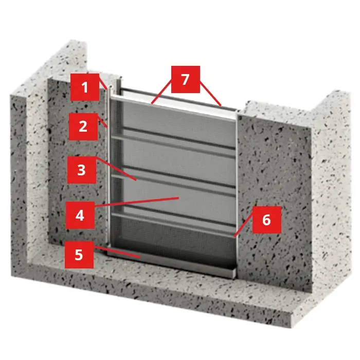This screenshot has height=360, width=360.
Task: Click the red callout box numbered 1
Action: click(x=85, y=87)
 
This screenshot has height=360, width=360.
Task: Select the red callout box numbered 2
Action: click(x=83, y=127)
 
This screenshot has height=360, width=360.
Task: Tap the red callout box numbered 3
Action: click(x=82, y=170)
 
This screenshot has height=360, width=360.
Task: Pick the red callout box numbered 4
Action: click(x=80, y=215)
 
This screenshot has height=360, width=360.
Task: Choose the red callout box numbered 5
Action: click(x=79, y=255)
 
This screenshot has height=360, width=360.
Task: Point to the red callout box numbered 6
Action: click(x=267, y=220)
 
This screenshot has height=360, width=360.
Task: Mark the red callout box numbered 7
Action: click(x=186, y=79)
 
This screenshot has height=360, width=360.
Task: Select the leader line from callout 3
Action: click(x=116, y=169)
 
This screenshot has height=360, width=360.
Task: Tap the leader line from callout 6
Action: click(x=243, y=224)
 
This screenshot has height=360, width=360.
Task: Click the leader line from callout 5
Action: click(x=117, y=251)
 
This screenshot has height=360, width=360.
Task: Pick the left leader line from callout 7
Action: click(x=161, y=92)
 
